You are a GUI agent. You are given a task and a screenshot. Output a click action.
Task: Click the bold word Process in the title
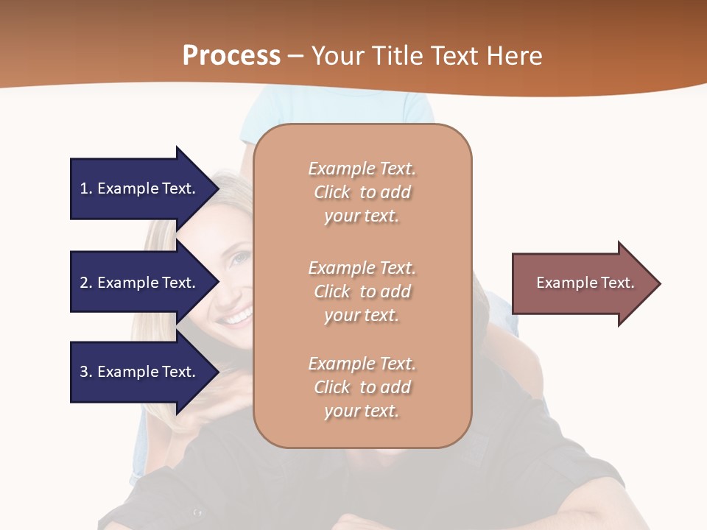click(x=231, y=56)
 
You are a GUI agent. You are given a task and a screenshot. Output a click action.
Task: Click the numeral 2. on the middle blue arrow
click(x=85, y=283)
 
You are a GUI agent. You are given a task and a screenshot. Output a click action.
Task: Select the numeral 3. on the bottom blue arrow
click(x=85, y=372)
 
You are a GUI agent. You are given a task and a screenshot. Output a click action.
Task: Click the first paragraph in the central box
click(x=362, y=192)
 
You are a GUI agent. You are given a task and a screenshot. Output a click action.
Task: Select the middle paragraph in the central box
click(x=362, y=291)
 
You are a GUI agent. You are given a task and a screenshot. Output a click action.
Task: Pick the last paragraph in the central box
click(x=362, y=387)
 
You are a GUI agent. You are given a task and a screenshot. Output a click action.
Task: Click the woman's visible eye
click(x=240, y=259)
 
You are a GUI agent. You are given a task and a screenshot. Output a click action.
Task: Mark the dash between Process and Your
click(x=295, y=56)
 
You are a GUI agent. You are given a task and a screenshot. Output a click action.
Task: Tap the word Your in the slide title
click(x=338, y=56)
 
